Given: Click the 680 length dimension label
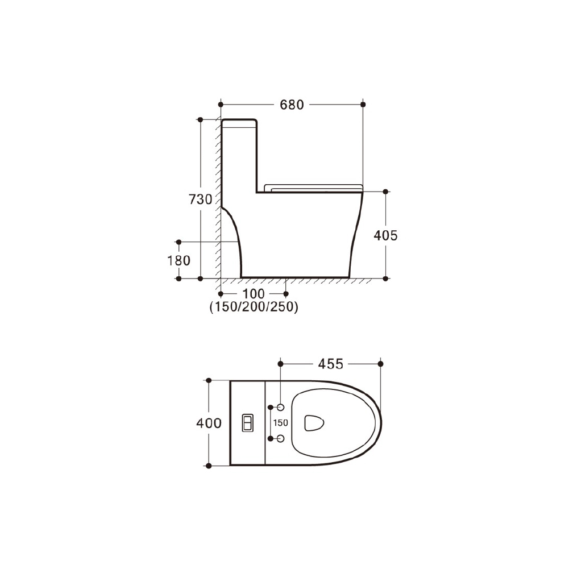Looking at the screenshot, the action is [292, 105].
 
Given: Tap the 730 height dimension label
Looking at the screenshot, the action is [200, 199].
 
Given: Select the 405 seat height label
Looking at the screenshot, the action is [386, 235].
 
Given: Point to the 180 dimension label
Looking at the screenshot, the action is [178, 260].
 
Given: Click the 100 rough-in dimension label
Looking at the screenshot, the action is [254, 293].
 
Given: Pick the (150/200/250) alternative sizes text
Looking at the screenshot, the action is [254, 307].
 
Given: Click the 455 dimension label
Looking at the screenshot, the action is [331, 364].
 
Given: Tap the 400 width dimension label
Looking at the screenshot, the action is [209, 423].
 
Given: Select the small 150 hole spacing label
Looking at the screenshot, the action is [280, 423].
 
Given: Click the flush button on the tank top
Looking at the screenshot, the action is [248, 423].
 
